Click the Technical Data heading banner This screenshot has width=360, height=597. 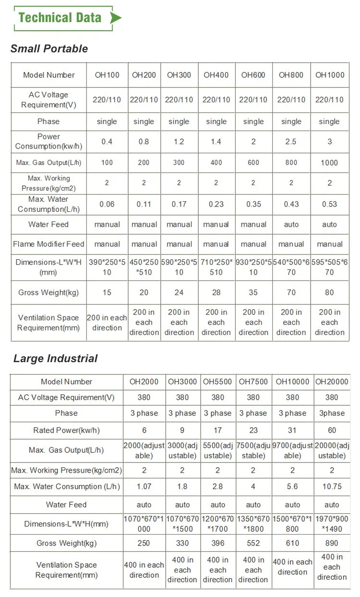pos(60,18)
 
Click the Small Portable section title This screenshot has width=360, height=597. pos(49,49)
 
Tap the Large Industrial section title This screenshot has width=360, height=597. pos(55,358)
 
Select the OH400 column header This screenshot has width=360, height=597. pos(216,75)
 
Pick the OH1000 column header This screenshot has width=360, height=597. pos(330,75)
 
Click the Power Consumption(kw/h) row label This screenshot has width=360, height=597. pos(48,141)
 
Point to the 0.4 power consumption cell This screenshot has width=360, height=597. pos(107,142)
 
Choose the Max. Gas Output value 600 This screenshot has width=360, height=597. pos(253,162)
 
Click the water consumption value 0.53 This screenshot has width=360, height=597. pos(329,204)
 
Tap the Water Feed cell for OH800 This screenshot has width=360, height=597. pos(291,224)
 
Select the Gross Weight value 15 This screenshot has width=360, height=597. pos(107,292)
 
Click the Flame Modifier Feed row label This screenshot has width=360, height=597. pos(48,244)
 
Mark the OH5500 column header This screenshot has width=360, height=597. pos(217,382)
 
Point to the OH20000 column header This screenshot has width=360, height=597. pos(332,382)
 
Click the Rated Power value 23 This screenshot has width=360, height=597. pos(253,430)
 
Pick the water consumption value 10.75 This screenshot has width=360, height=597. pos(332,487)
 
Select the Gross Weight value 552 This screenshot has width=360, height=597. pos(253,543)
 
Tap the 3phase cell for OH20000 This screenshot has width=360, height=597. pos(332,413)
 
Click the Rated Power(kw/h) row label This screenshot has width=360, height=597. pos(66,430)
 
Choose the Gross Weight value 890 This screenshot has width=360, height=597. pos(332,543)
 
